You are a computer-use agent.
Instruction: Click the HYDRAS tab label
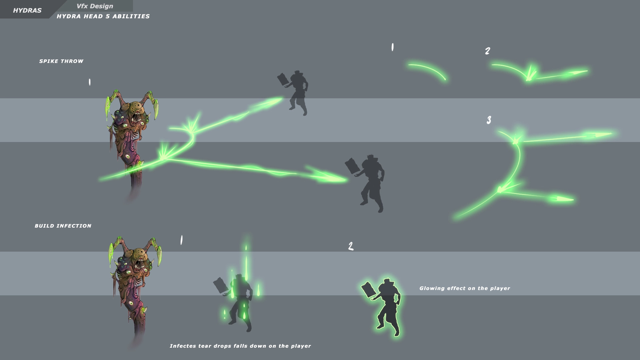click(27, 10)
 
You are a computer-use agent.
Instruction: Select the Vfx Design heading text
click(95, 6)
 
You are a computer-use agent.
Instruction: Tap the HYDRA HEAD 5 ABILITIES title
click(103, 16)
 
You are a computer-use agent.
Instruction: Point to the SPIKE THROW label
click(61, 61)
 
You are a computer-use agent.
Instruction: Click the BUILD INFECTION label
click(63, 226)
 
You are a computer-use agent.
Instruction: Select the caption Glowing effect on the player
click(465, 288)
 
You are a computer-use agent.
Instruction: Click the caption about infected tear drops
click(240, 346)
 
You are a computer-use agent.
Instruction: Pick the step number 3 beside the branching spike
click(489, 120)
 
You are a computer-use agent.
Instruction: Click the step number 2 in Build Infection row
click(351, 246)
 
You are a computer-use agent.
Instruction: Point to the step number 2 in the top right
click(488, 51)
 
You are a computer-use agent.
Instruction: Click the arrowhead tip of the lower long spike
click(347, 180)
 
